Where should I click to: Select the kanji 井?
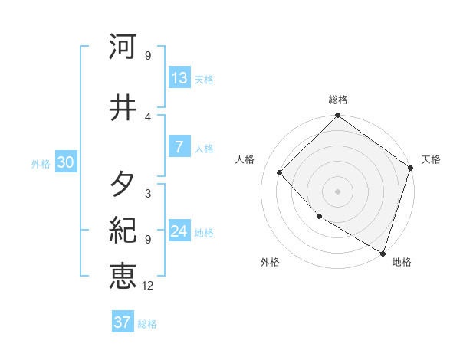point(123,106)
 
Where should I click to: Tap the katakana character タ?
point(123,185)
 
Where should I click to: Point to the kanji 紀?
point(123,229)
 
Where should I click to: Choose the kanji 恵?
point(123,277)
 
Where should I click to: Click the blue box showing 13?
point(179,78)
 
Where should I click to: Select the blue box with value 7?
point(179,148)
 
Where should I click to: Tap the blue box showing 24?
point(179,232)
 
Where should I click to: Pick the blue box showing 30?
point(65,162)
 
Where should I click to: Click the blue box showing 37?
point(123,322)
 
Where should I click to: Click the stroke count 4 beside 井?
point(148,116)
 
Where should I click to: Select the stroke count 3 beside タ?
point(148,194)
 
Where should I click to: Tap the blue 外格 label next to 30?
point(41,163)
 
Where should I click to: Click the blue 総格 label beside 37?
point(147,323)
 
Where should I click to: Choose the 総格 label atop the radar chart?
point(337,100)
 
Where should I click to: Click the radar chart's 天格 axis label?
point(431,159)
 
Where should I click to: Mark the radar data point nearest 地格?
point(383,252)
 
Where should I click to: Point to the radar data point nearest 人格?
point(280,172)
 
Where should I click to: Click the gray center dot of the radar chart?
point(337,191)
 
